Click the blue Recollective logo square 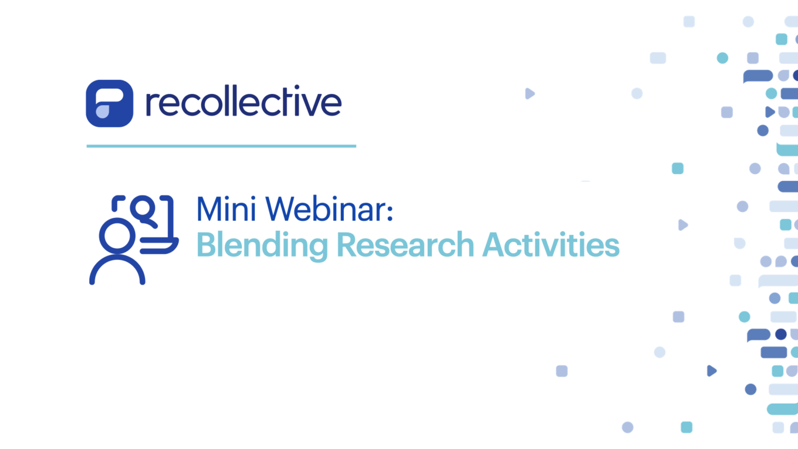point(109,103)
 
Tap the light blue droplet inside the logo point(102,112)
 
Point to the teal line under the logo point(221,146)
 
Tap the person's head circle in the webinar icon point(117,236)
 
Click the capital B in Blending point(205,245)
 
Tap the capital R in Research point(346,245)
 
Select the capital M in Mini point(209,210)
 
